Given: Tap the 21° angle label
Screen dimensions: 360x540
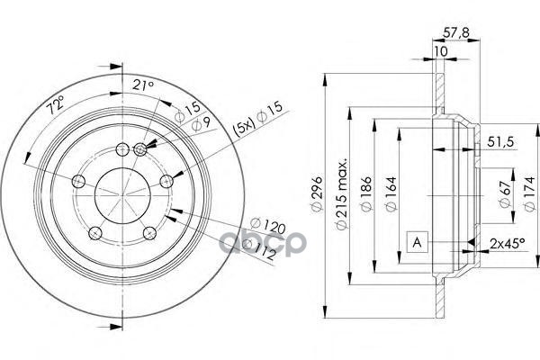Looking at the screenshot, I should [143, 85].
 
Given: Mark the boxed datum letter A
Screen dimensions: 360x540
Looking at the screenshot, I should [418, 242].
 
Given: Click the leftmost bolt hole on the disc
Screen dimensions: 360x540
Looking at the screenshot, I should [77, 183].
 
